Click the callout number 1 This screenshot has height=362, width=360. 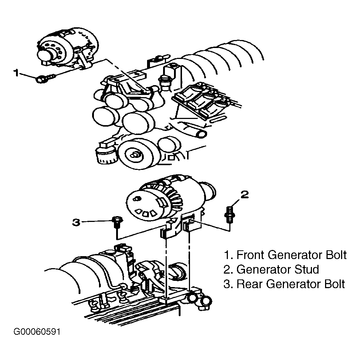[16, 73]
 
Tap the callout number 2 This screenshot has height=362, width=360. [244, 195]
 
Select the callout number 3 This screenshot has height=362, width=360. [76, 223]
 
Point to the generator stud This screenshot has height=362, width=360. [230, 215]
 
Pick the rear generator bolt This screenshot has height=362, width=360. [117, 222]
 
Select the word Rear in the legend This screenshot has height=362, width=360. [250, 284]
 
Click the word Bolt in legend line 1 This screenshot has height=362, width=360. [336, 255]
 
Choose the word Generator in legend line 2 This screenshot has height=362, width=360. [265, 269]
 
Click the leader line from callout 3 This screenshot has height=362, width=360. [97, 222]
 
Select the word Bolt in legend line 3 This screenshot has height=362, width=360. [334, 284]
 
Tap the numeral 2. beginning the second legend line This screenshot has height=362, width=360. [229, 269]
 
